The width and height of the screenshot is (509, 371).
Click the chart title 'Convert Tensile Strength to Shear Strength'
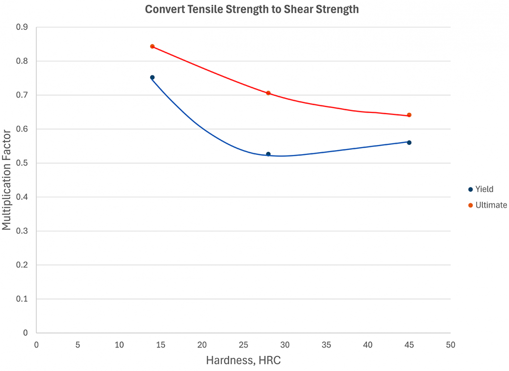pos(252,10)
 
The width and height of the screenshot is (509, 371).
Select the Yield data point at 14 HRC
pos(152,77)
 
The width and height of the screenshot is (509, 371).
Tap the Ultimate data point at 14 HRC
pos(152,46)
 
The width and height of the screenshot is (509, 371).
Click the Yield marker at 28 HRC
pos(268,154)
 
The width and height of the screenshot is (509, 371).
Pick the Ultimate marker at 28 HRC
pos(268,93)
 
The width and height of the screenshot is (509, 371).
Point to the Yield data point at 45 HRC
pos(409,143)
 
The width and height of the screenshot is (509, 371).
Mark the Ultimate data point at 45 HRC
pos(409,115)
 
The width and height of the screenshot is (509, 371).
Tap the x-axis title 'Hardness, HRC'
pos(243,361)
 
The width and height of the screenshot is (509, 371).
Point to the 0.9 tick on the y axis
pos(22,27)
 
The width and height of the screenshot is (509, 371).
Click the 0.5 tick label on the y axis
pos(22,163)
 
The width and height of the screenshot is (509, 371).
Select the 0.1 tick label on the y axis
pos(22,299)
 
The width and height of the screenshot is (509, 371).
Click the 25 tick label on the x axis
pos(244,345)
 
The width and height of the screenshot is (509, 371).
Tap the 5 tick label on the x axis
pos(78,345)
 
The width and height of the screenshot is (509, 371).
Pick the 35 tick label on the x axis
pos(326,345)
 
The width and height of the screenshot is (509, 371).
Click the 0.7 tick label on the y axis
pos(22,95)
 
